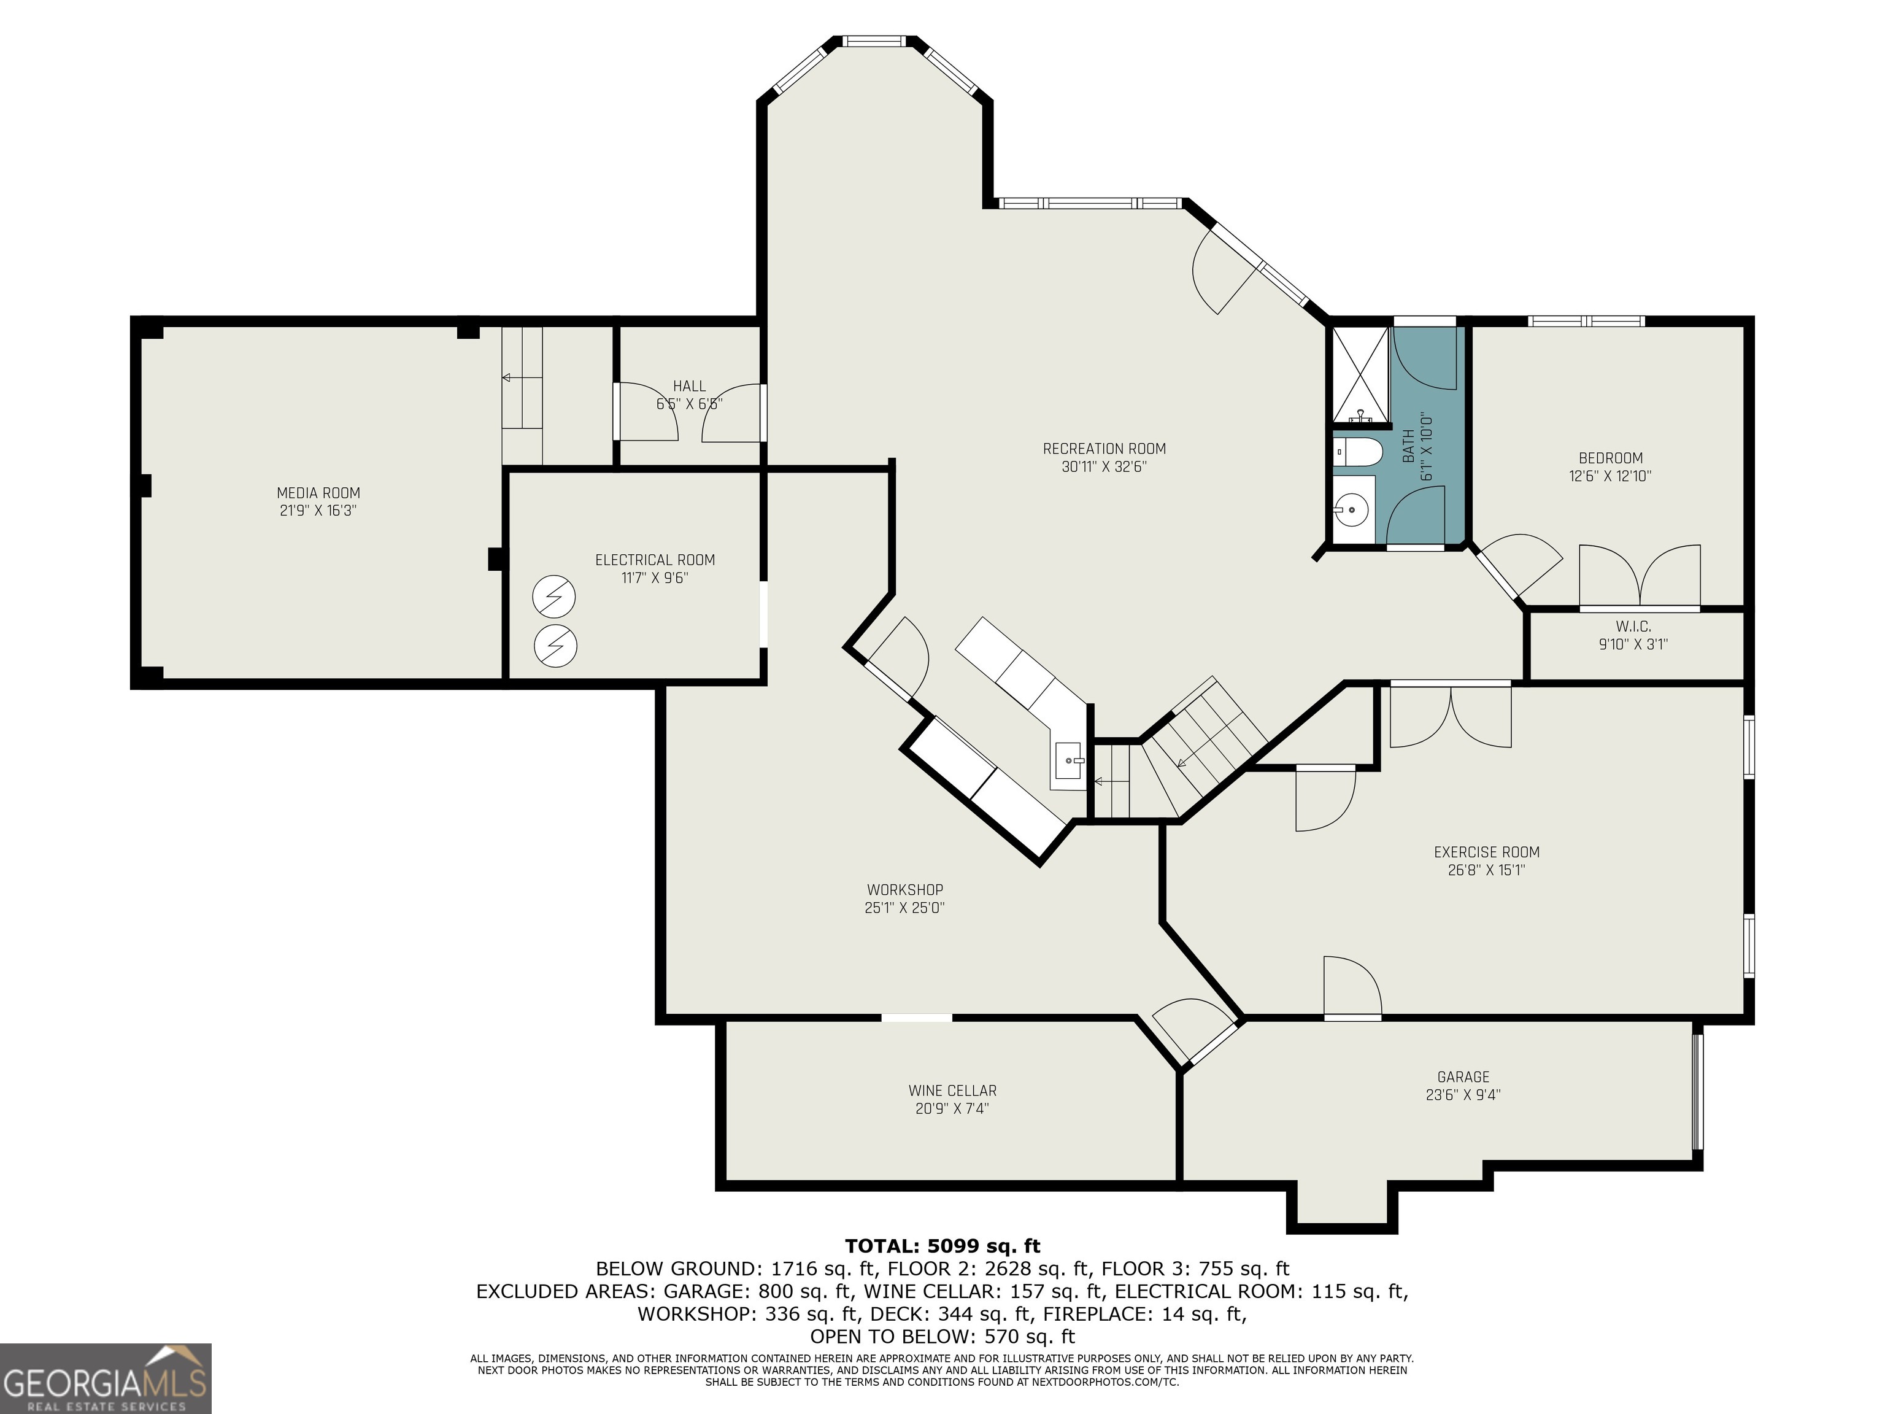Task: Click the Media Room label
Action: (318, 493)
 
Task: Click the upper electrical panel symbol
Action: (554, 598)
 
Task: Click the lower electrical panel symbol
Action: (555, 647)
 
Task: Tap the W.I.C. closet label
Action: (1633, 627)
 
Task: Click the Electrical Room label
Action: (655, 560)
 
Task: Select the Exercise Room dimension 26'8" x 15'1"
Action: (1486, 870)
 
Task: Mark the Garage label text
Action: (1463, 1076)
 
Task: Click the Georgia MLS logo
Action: (106, 1378)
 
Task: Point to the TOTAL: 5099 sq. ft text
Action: (942, 1246)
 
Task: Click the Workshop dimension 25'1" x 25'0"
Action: (904, 908)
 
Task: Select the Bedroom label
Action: (1609, 458)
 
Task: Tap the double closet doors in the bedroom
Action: (1640, 578)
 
